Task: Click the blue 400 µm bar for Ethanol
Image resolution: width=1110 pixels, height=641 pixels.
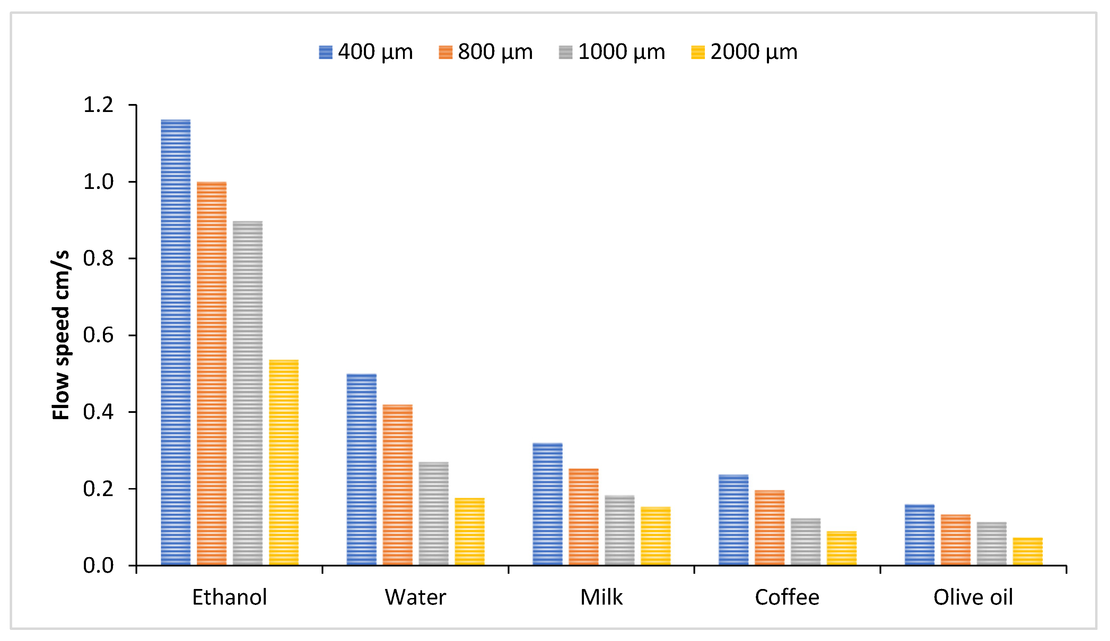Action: [x=176, y=342]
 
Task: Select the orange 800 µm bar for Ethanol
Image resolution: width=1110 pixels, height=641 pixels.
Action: [x=212, y=373]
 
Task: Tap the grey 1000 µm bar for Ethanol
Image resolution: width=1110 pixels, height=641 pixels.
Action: [x=248, y=393]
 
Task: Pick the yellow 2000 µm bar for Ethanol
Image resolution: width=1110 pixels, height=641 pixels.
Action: [x=284, y=462]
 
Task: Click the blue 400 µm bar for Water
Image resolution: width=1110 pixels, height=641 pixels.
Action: [x=362, y=469]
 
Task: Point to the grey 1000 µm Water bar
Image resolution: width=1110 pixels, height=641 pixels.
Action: [x=434, y=513]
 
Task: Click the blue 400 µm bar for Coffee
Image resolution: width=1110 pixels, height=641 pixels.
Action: [x=733, y=520]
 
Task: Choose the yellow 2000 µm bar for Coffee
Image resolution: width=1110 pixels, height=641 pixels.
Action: [x=842, y=548]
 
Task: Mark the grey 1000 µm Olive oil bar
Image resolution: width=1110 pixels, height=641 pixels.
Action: [x=991, y=544]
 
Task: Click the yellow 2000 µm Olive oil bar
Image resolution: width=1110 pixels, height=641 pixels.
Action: [x=1028, y=551]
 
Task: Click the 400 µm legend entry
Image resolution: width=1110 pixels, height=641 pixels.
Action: [x=366, y=52]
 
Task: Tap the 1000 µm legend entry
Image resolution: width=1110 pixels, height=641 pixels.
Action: [x=612, y=52]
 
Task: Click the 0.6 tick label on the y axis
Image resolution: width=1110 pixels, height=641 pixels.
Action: [x=98, y=336]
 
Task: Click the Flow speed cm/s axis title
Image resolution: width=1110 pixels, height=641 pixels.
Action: [x=61, y=335]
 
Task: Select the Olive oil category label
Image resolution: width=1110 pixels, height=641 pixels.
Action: [x=973, y=597]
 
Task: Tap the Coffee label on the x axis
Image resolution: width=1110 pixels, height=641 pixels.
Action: [x=787, y=597]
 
